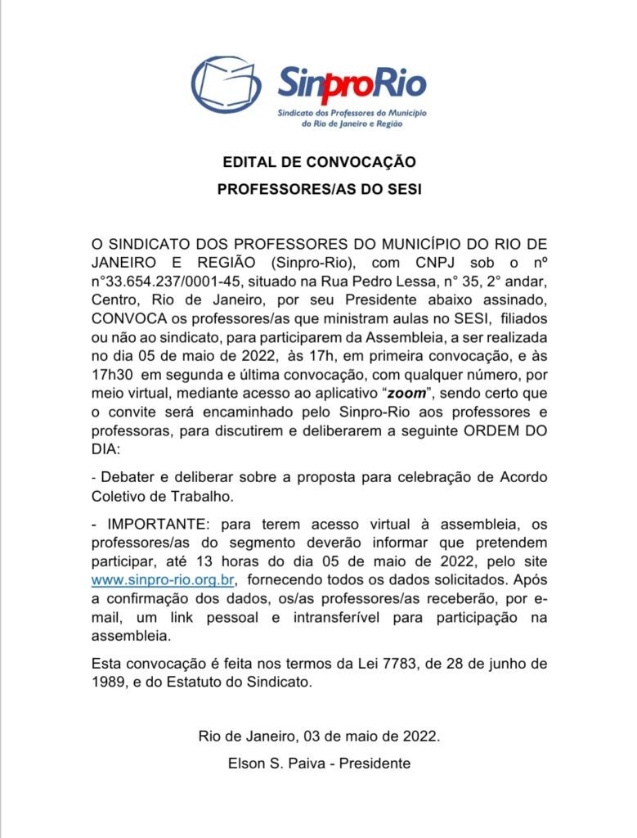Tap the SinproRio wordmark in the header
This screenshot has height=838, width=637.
[x=352, y=81]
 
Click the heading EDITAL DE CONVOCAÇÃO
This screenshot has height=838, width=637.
[x=319, y=162]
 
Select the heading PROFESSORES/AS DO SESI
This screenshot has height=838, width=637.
[x=319, y=189]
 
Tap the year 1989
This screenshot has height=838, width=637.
[x=106, y=682]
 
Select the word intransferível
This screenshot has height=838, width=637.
[x=339, y=617]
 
